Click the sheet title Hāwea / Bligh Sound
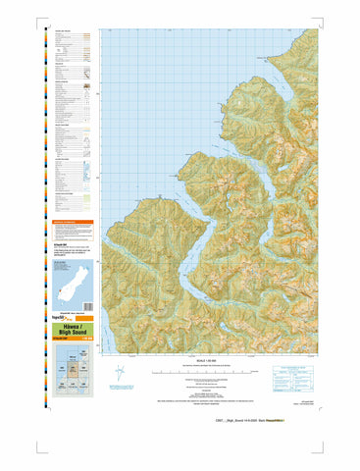tap(68, 332)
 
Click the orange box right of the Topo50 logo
tap(84, 319)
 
